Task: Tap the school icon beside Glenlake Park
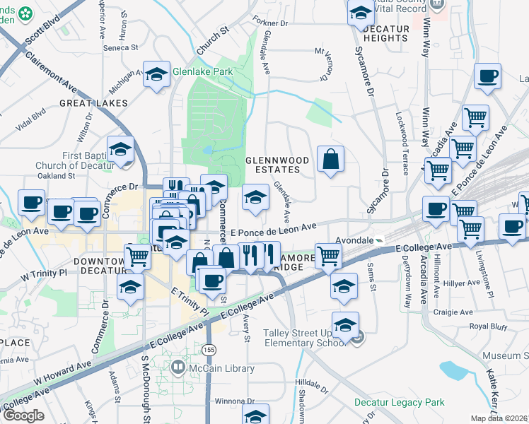(156, 75)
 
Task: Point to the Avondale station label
(353, 240)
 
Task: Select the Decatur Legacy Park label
(399, 403)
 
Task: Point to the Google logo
(23, 416)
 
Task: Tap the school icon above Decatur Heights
(360, 12)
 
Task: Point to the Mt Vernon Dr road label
(325, 64)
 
